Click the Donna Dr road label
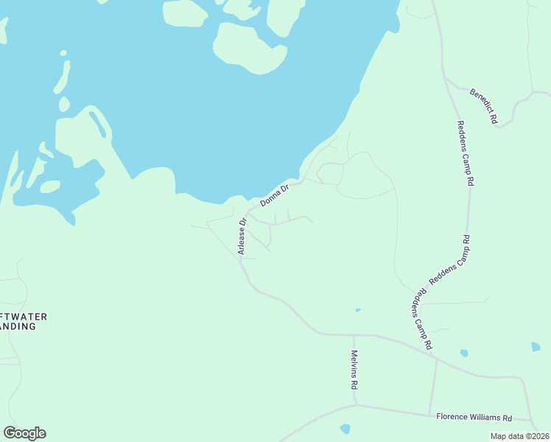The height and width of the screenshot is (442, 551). [x=275, y=194]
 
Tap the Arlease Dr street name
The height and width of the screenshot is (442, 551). [x=241, y=236]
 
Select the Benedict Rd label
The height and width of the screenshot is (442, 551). [x=484, y=105]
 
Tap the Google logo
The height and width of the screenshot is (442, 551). [x=24, y=433]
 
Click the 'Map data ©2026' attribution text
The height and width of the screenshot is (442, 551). [x=520, y=436]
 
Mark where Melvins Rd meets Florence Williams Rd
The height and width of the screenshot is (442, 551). [x=355, y=404]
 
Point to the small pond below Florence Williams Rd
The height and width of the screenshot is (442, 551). [x=345, y=428]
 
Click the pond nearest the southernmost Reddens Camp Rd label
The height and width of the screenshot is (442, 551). [x=463, y=353]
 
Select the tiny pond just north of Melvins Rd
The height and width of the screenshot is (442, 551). [x=358, y=310]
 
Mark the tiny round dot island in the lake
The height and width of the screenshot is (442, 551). [x=63, y=53]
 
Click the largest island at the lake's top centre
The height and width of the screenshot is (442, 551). [x=247, y=48]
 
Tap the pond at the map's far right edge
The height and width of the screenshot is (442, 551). [x=536, y=346]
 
